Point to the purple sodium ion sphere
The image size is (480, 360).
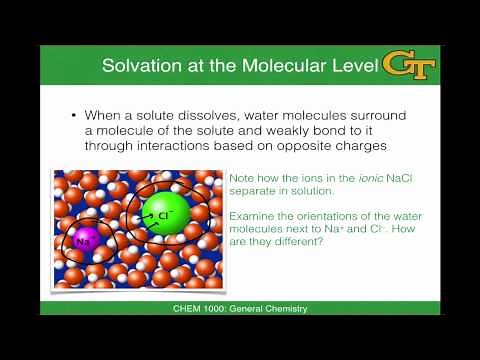(83, 240)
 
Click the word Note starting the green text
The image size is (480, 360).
(241, 178)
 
